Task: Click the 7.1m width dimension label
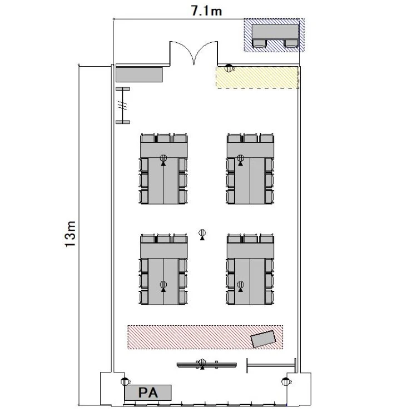pos(206,11)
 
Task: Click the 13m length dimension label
pos(71,234)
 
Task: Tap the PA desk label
pos(148,393)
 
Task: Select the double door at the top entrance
pos(193,53)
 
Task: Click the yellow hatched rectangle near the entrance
pos(257,77)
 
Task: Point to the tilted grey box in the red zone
pos(264,339)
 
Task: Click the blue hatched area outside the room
pos(274,35)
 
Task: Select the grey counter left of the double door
pos(139,75)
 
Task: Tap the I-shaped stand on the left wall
pos(123,105)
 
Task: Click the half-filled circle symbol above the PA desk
pos(125,381)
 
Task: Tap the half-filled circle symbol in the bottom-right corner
pos(285,381)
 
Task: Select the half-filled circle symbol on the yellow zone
pos(229,68)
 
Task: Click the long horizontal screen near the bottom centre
pos(207,364)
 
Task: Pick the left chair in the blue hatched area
pos(260,43)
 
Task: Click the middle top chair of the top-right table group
pos(250,138)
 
